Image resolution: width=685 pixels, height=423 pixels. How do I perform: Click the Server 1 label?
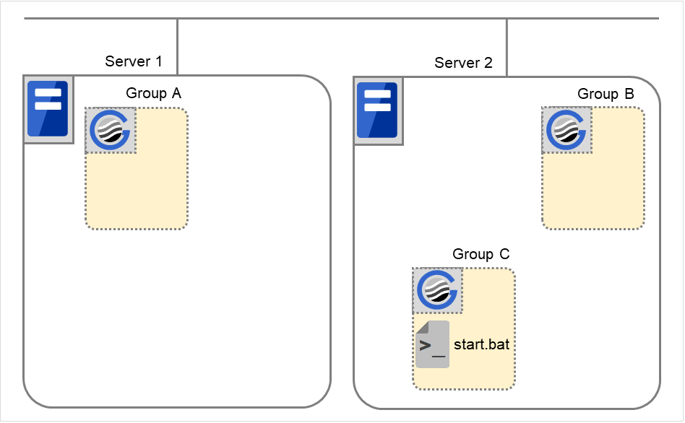click(133, 61)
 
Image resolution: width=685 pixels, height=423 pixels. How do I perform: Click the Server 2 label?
click(463, 63)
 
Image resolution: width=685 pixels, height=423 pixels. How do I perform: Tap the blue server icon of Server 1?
click(48, 109)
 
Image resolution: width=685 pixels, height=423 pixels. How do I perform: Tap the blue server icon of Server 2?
click(377, 109)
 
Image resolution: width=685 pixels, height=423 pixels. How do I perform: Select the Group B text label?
click(606, 94)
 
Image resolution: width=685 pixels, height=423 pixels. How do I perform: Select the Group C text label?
click(481, 254)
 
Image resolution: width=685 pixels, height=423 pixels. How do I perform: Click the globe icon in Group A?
click(111, 131)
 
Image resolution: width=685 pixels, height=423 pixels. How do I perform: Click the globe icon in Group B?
click(567, 131)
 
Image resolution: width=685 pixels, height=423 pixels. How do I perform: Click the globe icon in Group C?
click(437, 291)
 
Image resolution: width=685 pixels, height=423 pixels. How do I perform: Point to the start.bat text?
click(481, 344)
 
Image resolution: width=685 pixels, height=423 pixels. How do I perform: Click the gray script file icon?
click(432, 344)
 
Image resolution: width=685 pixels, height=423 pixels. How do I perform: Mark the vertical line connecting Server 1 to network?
click(177, 46)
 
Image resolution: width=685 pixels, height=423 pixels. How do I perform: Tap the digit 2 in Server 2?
click(488, 63)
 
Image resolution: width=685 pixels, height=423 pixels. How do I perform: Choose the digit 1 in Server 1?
click(158, 61)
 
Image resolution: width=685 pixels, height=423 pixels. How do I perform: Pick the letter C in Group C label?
click(504, 254)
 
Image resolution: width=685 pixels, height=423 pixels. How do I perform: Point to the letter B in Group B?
click(629, 94)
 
